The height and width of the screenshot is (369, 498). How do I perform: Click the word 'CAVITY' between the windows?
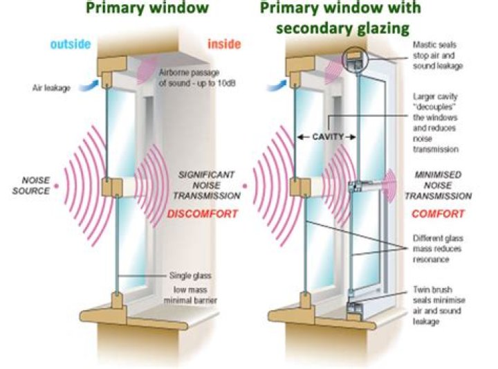pyautogui.click(x=329, y=137)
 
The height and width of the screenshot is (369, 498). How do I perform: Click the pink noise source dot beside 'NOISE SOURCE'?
pyautogui.click(x=57, y=186)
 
